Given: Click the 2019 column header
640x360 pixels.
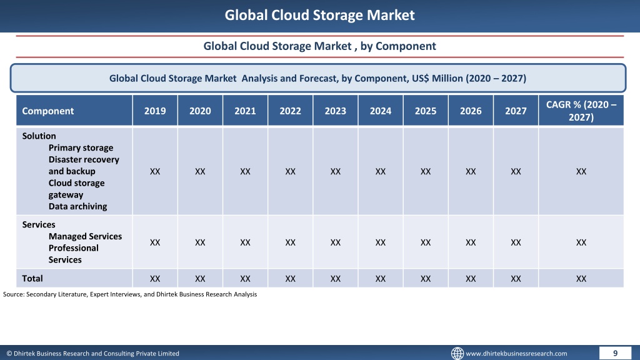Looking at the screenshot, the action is pos(155,111).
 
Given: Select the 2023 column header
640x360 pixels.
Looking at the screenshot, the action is pos(335,111).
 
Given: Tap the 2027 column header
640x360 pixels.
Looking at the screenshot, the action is pos(516,111).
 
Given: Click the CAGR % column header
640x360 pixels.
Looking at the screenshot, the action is pos(581,111).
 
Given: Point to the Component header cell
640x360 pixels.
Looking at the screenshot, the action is pos(47,111).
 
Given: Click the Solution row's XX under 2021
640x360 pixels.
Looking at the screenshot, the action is pos(245,171).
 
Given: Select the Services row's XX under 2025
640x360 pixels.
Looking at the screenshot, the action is pos(425,242).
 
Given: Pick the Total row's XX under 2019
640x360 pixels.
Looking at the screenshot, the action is pos(155,279).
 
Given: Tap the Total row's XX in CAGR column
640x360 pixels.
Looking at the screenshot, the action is pos(581,279).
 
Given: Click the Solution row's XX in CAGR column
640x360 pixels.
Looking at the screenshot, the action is pos(581,171).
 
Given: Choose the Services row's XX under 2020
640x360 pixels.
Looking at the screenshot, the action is pos(200,242).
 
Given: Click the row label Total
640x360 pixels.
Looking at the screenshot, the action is pos(32,278).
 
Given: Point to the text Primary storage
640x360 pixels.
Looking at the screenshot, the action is pos(81,147).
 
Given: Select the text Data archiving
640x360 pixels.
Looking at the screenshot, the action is pos(77,206).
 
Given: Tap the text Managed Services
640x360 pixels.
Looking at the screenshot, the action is pos(85,236).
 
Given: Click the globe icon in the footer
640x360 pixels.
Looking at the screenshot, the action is pos(457,353).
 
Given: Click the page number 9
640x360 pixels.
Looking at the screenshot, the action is pos(615,353).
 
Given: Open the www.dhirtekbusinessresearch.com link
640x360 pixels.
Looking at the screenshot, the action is pos(516,354).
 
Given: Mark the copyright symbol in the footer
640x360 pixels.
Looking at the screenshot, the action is pos(9,354).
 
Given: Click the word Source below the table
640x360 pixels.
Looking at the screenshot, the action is pos(13,294).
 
